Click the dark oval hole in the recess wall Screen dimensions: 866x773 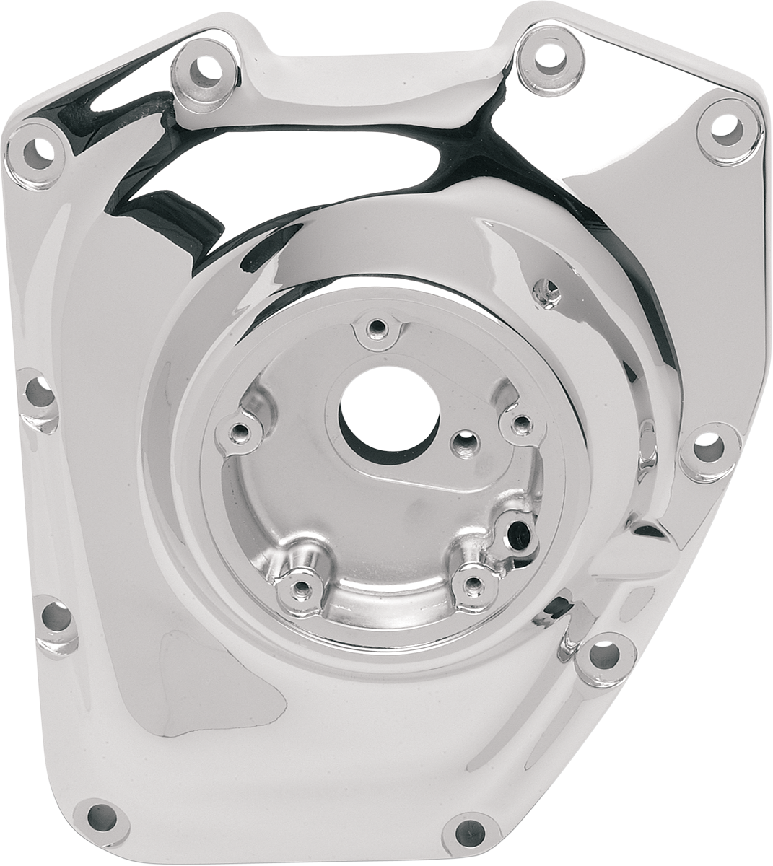(x=517, y=535)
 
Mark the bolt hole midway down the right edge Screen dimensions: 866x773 (x=709, y=447)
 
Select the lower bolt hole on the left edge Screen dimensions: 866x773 (x=56, y=617)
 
